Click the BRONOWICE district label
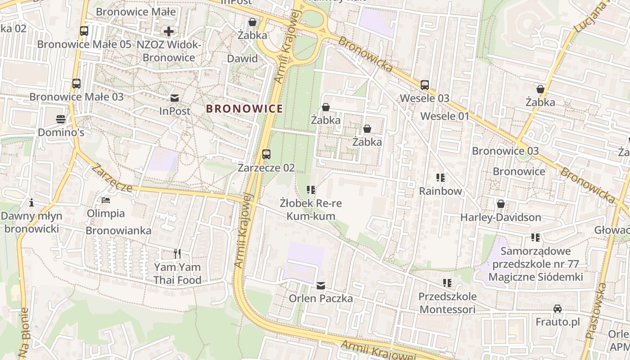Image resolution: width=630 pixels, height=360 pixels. pyautogui.click(x=244, y=108)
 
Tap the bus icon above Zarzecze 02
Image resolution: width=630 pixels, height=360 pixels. pyautogui.click(x=266, y=154)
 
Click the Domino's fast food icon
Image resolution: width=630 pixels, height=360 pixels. pyautogui.click(x=61, y=119)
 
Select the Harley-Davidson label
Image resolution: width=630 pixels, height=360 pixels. pyautogui.click(x=500, y=217)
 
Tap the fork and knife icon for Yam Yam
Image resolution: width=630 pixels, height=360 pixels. pyautogui.click(x=177, y=254)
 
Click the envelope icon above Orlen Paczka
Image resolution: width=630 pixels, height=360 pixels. pyautogui.click(x=320, y=285)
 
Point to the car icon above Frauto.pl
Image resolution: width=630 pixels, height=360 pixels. pyautogui.click(x=558, y=309)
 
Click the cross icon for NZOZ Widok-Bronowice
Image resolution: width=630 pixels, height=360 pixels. pyautogui.click(x=169, y=31)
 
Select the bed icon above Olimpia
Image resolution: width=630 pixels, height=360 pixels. pyautogui.click(x=106, y=200)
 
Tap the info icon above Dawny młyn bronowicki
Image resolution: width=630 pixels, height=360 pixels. pyautogui.click(x=31, y=202)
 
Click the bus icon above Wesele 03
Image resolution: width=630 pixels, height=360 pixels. pyautogui.click(x=425, y=85)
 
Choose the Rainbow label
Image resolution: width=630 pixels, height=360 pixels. pyautogui.click(x=441, y=191)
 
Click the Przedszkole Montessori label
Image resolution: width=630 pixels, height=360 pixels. pyautogui.click(x=447, y=303)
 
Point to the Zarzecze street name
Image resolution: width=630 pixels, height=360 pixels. pyautogui.click(x=112, y=178)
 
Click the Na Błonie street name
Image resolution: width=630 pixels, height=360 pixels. pyautogui.click(x=23, y=332)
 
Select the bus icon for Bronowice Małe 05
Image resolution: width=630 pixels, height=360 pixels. pyautogui.click(x=84, y=31)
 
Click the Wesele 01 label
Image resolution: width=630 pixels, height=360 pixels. pyautogui.click(x=445, y=116)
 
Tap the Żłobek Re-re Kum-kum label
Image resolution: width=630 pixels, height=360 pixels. pyautogui.click(x=310, y=209)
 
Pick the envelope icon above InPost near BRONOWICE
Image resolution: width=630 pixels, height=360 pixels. pyautogui.click(x=175, y=98)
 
